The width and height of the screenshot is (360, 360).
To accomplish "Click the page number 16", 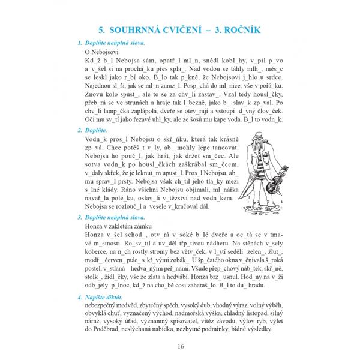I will [180, 346].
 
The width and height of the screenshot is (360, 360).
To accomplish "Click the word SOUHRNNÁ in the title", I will [143, 28].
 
